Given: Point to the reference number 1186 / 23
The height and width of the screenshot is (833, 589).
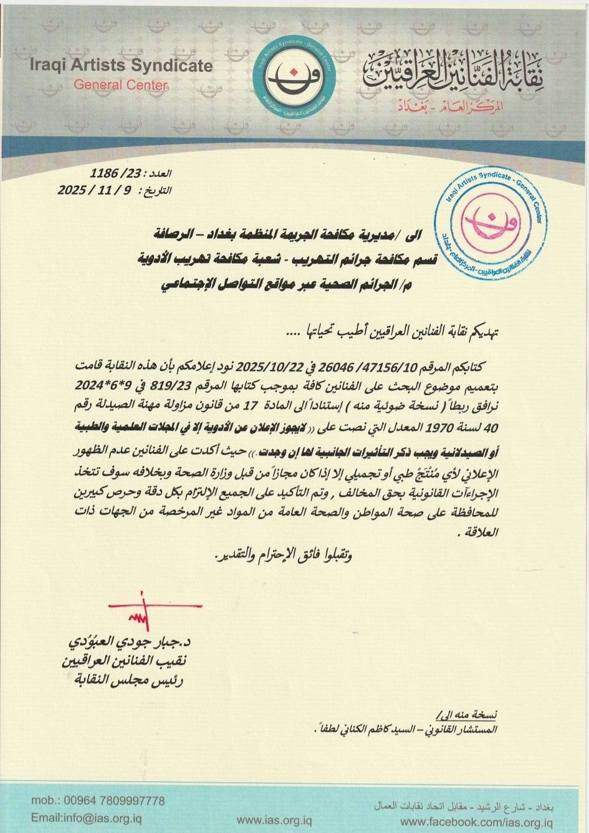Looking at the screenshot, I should coord(118,173).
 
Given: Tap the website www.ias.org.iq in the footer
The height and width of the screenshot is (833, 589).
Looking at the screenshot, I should coord(270,818).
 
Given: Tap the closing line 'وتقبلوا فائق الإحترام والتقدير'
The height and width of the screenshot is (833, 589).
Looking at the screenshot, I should coord(280,555).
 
